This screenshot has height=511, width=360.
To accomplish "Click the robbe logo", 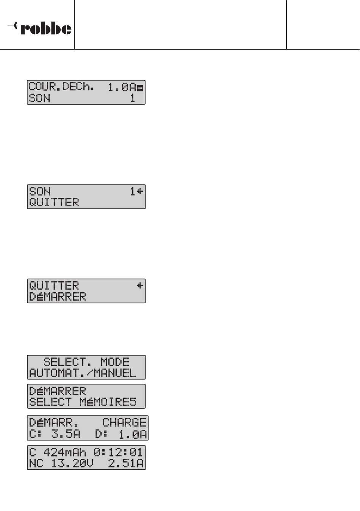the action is pos(40,28).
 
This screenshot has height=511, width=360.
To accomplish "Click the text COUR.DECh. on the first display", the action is pos(61,87).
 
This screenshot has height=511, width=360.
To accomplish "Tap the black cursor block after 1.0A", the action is pos(140,88).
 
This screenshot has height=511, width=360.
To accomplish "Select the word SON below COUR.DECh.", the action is pos(40,98).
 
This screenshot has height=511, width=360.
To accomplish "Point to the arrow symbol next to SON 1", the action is pos(140,191).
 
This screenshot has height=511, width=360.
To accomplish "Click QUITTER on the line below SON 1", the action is pos(54,202).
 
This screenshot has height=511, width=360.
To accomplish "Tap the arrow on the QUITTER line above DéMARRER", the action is pos(140,285).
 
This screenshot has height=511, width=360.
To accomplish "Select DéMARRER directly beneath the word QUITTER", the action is pos(58,296).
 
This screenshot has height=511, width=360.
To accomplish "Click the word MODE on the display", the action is pos(115,362).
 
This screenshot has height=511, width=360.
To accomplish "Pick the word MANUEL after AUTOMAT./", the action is pos(115,373).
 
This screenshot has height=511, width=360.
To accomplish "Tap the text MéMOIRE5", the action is pos(108,402).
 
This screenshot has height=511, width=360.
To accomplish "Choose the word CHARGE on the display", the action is pos(124,422).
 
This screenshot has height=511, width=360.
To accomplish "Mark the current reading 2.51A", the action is pos(126,463).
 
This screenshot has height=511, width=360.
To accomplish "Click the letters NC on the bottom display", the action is pos(36,463).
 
